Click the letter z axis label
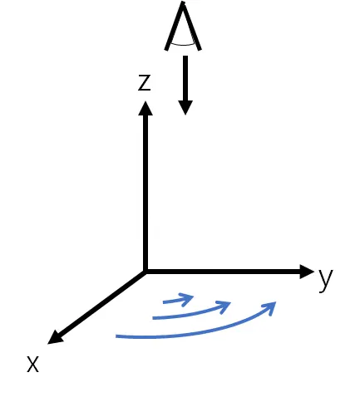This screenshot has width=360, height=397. point(145,83)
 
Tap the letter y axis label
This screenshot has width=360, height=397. point(326,279)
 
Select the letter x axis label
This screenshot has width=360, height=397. point(32,364)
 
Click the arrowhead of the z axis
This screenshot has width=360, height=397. point(145,108)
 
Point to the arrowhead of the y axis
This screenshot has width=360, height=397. point(307,272)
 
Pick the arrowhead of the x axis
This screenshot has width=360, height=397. point(56,338)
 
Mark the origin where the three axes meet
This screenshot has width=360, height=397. point(145,272)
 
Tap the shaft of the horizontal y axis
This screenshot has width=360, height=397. point(223,272)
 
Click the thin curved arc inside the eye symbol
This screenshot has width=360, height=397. point(183,44)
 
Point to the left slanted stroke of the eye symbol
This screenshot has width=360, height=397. point(174,27)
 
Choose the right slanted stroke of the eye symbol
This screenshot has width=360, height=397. point(192,27)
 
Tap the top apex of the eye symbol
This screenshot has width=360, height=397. point(183,2)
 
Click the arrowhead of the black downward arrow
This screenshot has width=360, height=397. point(185,107)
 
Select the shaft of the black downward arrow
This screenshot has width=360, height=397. point(185,78)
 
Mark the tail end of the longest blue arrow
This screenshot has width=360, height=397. point(116,336)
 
